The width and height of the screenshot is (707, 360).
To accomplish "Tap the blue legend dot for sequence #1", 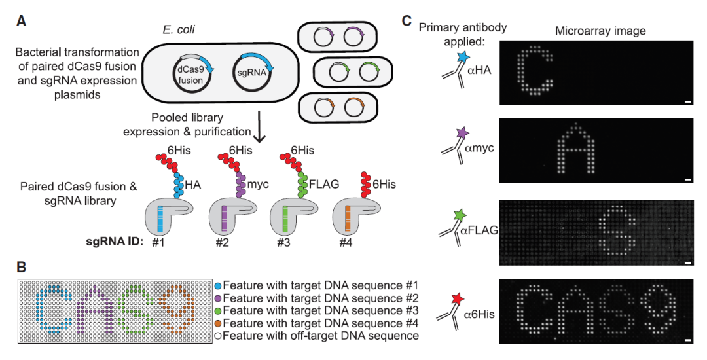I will coord(217,285).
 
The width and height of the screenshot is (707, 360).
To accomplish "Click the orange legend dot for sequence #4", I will coord(217,323).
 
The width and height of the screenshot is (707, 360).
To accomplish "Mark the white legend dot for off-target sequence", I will coord(217,335).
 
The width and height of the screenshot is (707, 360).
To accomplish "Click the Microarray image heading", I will coord(600,31).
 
